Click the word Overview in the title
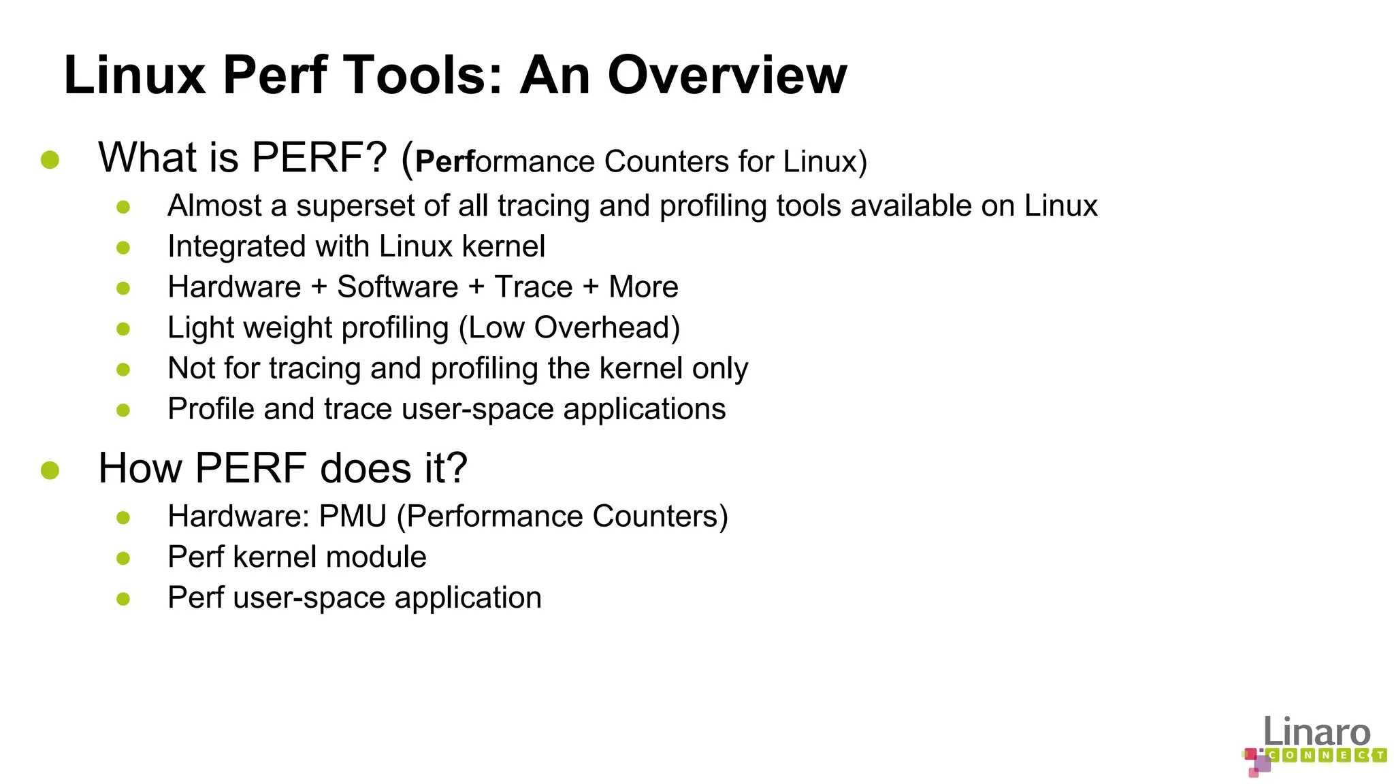tap(727, 75)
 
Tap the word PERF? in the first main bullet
tap(319, 158)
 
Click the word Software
tap(398, 287)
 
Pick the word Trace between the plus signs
tap(533, 287)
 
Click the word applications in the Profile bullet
tap(644, 410)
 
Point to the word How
tap(140, 468)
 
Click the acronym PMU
tap(353, 517)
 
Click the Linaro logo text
tap(1316, 732)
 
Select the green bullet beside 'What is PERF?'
tap(50, 160)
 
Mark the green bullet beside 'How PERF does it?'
tap(50, 470)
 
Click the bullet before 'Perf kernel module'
tap(123, 559)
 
